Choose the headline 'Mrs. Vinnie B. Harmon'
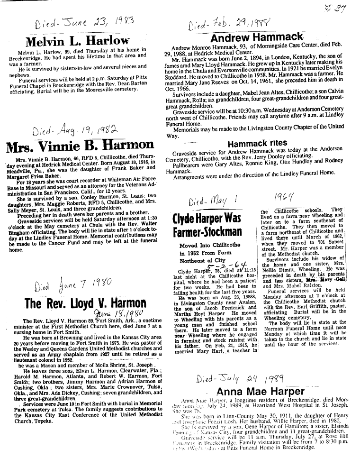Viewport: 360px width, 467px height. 80,145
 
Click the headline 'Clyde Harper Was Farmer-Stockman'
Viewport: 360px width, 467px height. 207,225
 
